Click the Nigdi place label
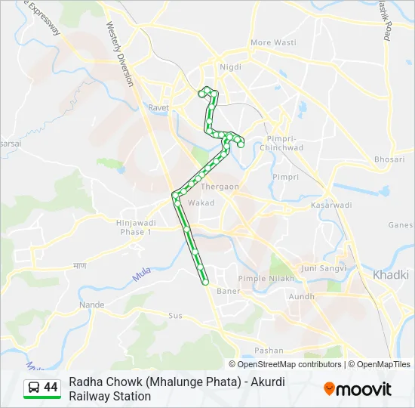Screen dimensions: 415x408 click(x=230, y=67)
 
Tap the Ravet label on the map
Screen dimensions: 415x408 click(x=158, y=108)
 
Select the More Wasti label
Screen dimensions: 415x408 click(x=272, y=43)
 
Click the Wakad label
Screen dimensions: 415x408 click(x=201, y=203)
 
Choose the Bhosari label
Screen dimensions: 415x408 click(x=389, y=159)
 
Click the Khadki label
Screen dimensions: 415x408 click(x=390, y=274)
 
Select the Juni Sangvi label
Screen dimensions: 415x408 click(x=323, y=268)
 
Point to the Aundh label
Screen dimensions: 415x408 click(x=301, y=297)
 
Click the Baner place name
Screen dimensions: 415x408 click(x=228, y=291)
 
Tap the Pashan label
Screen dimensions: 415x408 click(x=269, y=351)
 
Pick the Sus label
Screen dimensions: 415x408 click(x=175, y=315)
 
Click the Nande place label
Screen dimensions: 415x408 click(x=91, y=305)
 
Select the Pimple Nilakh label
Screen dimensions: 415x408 click(x=263, y=279)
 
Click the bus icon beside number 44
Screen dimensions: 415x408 click(x=34, y=388)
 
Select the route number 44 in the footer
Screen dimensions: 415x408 click(x=51, y=388)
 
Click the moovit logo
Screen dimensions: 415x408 click(x=358, y=389)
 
